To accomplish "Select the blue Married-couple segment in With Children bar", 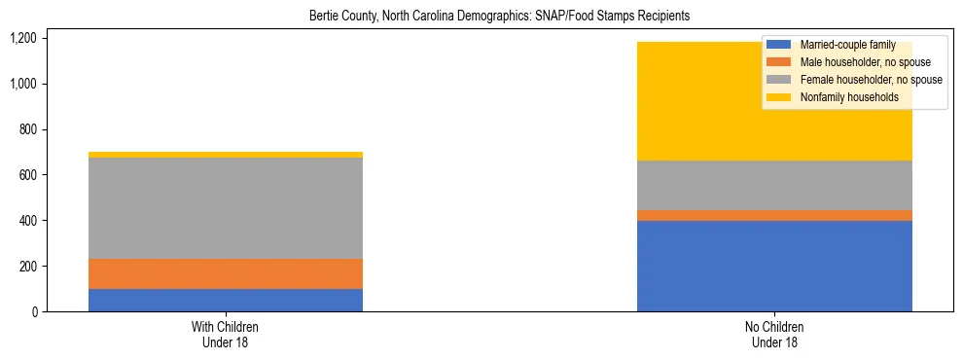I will pos(226,300).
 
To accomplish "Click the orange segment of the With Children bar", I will pos(226,273).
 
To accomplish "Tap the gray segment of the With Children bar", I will pos(226,208).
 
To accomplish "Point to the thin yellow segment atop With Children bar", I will pos(226,155).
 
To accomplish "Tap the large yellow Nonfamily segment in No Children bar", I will pos(700,101).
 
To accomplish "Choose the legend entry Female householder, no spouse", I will pos(870,80).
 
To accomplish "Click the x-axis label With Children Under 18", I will pos(226,334).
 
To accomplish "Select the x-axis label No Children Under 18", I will pos(774,334).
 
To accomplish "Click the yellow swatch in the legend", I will pos(779,97).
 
